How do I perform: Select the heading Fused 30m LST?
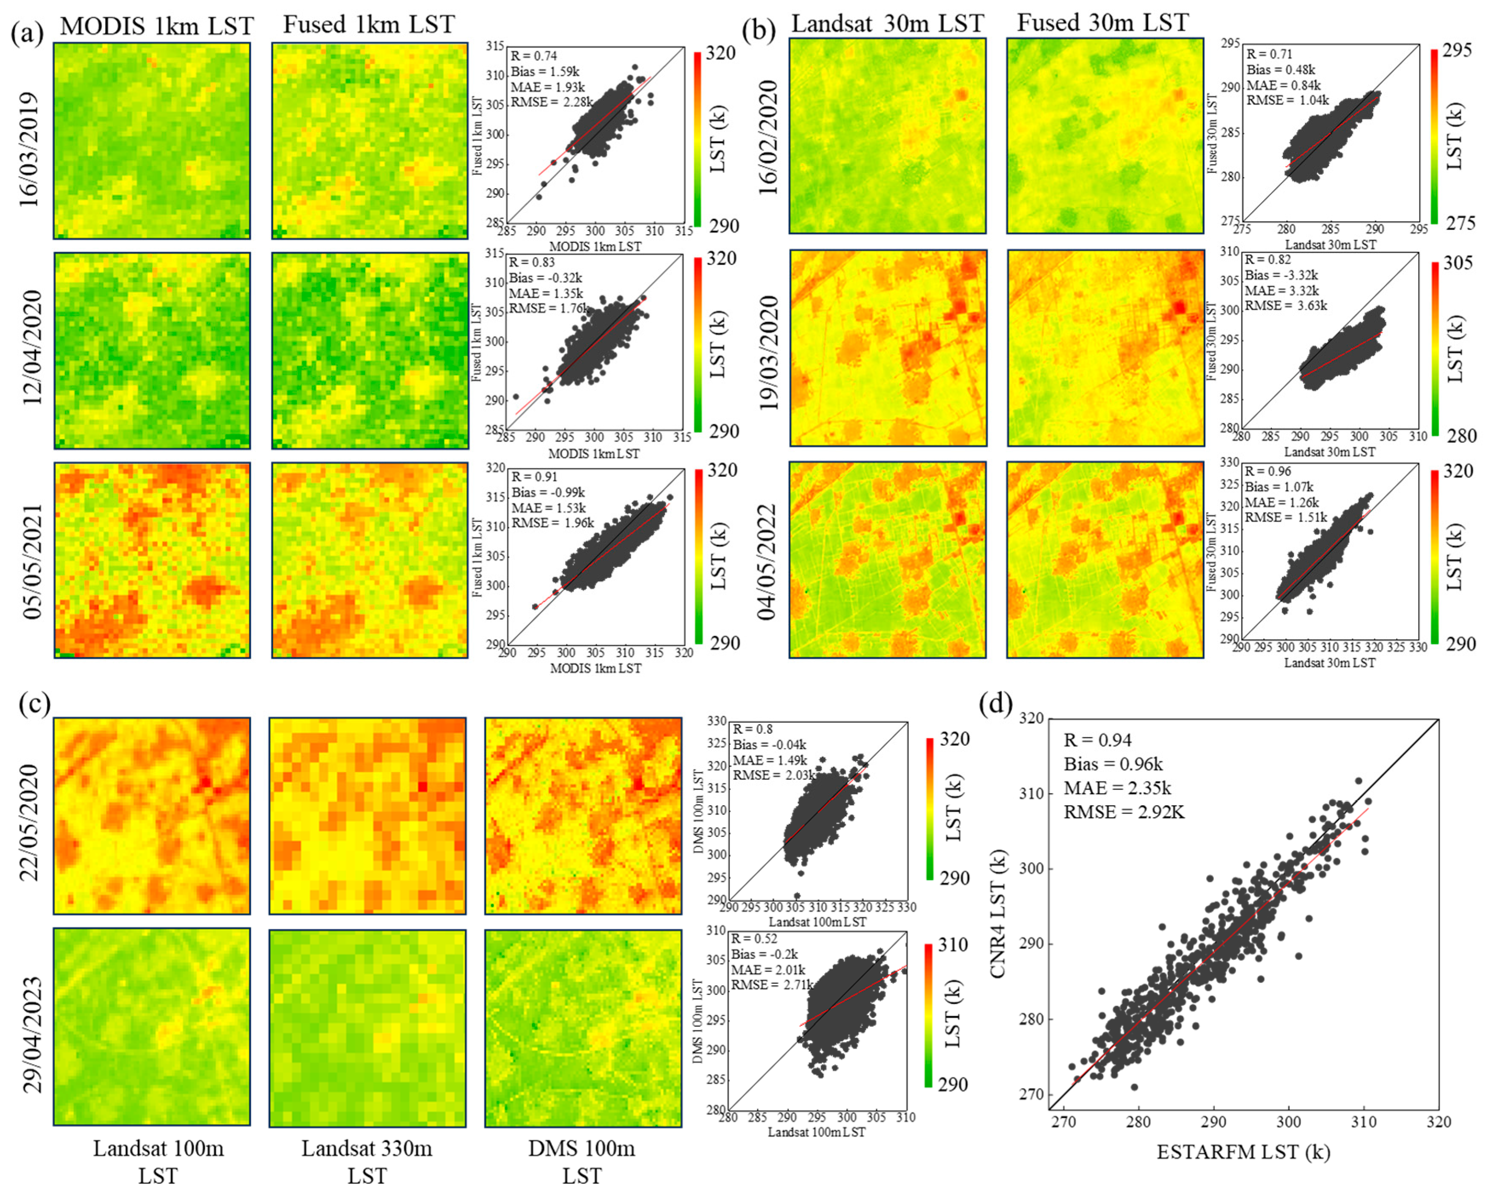tap(1103, 23)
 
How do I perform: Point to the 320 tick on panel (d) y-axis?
tap(1032, 718)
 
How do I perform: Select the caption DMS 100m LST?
tap(581, 1161)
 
